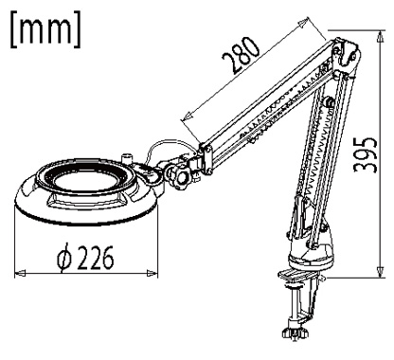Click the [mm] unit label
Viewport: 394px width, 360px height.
tap(46, 29)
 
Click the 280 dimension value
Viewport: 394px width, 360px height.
tap(242, 55)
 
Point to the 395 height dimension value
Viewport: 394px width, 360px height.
tap(366, 155)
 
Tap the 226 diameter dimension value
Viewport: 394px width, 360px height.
tap(95, 258)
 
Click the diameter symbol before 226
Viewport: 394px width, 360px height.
tap(64, 259)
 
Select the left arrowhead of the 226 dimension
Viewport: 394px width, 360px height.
tap(21, 272)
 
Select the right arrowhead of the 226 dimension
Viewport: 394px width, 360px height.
tap(152, 272)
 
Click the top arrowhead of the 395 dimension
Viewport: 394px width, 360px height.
tap(381, 37)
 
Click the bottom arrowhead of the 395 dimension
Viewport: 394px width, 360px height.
tap(381, 271)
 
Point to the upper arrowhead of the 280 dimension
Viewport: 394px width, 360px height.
tap(303, 24)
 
